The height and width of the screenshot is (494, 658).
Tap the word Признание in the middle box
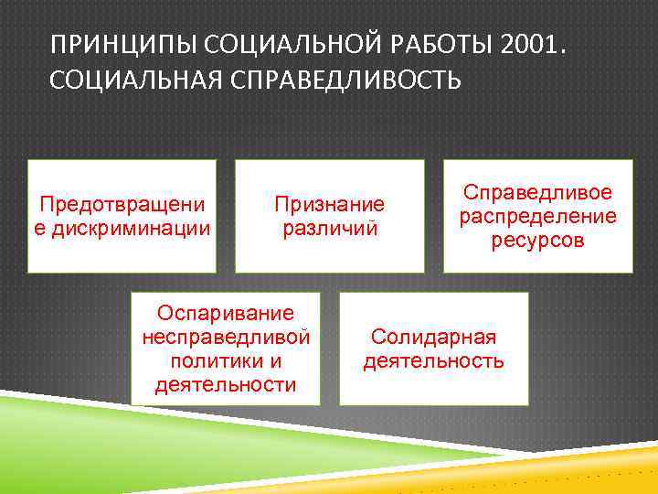click(330, 205)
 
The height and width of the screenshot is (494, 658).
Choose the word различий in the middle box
click(330, 228)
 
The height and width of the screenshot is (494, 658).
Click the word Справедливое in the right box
click(537, 193)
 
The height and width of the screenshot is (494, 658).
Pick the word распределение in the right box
click(537, 216)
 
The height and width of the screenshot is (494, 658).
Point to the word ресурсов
click(537, 240)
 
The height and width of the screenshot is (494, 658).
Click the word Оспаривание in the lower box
click(226, 314)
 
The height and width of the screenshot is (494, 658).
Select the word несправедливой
click(226, 338)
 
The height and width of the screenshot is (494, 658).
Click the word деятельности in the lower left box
click(226, 384)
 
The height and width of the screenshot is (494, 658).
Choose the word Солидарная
click(433, 337)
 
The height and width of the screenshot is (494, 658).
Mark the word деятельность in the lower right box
click(433, 360)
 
